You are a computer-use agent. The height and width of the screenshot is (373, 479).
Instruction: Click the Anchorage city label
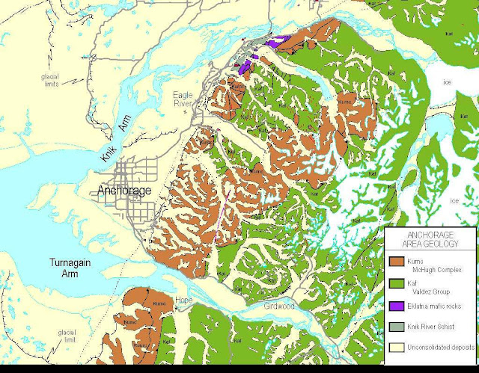click(x=125, y=191)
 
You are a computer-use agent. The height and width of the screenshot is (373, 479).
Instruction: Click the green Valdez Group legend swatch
click(x=399, y=283)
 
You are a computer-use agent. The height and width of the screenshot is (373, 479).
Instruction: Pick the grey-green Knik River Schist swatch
click(x=399, y=327)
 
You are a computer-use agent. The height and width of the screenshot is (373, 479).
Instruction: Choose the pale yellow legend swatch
click(x=399, y=348)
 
